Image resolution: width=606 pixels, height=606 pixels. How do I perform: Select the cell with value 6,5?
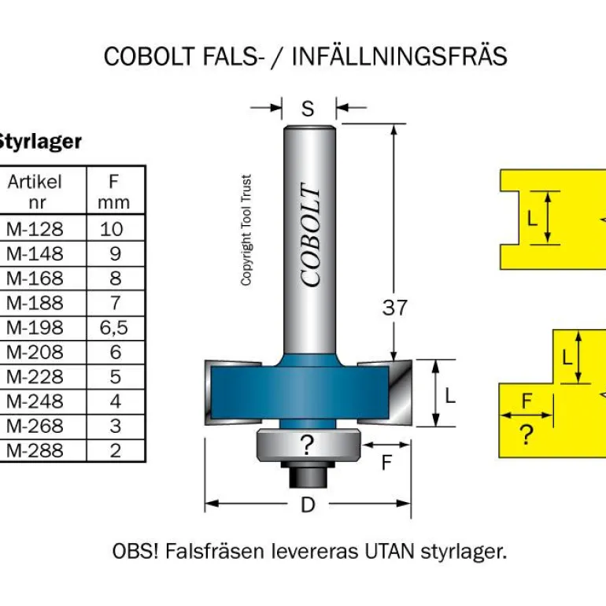click(114, 327)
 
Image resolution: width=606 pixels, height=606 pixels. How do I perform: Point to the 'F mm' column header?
click(114, 191)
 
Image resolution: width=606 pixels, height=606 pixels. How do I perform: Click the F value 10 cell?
click(114, 229)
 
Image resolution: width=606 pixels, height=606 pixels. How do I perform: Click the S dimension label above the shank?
click(308, 109)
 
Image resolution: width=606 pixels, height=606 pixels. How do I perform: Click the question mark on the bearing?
click(307, 446)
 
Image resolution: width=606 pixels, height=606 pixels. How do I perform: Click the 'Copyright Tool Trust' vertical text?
click(246, 230)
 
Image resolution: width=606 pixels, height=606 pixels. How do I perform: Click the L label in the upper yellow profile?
click(532, 218)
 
